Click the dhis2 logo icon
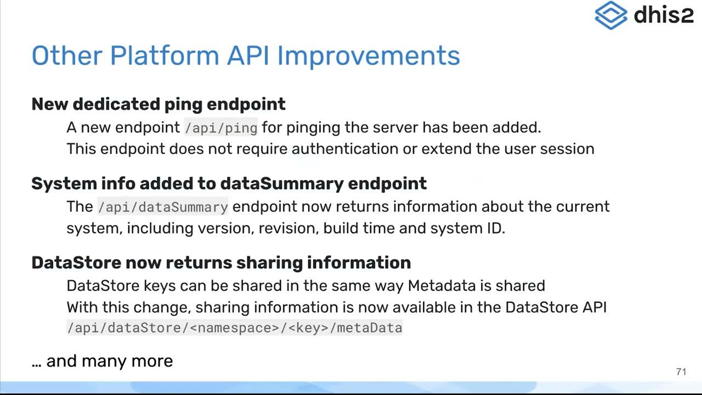611,15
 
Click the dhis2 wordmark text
664,15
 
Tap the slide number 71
681,372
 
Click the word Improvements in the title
369,55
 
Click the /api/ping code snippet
221,128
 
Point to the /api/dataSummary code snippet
163,207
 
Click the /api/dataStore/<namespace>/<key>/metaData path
234,328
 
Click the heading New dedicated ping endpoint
158,104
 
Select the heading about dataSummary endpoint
229,183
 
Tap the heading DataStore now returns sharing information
221,263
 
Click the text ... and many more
103,361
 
